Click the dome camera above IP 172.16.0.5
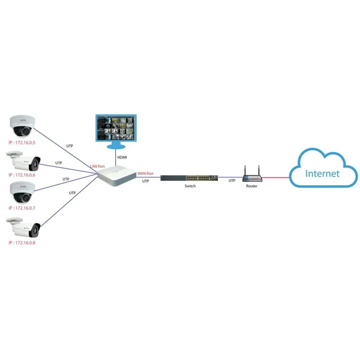[x=22, y=126]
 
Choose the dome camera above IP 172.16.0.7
[x=22, y=193]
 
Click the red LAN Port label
[x=98, y=166]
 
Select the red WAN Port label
[x=145, y=173]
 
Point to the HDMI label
[x=122, y=157]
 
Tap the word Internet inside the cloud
[x=322, y=174]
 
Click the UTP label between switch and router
[x=232, y=180]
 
